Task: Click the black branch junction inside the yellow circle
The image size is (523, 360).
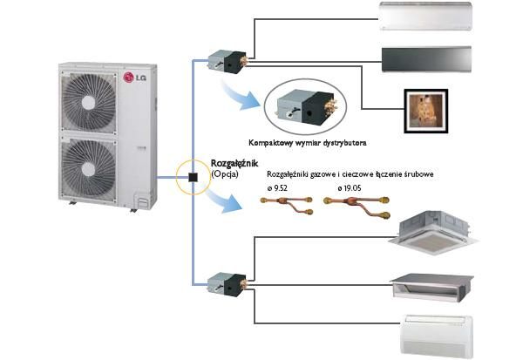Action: [x=190, y=179]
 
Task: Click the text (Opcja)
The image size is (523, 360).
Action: [x=225, y=174]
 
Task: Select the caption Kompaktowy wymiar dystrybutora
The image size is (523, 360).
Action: [x=305, y=139]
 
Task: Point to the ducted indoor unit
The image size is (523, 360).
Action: [x=431, y=283]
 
